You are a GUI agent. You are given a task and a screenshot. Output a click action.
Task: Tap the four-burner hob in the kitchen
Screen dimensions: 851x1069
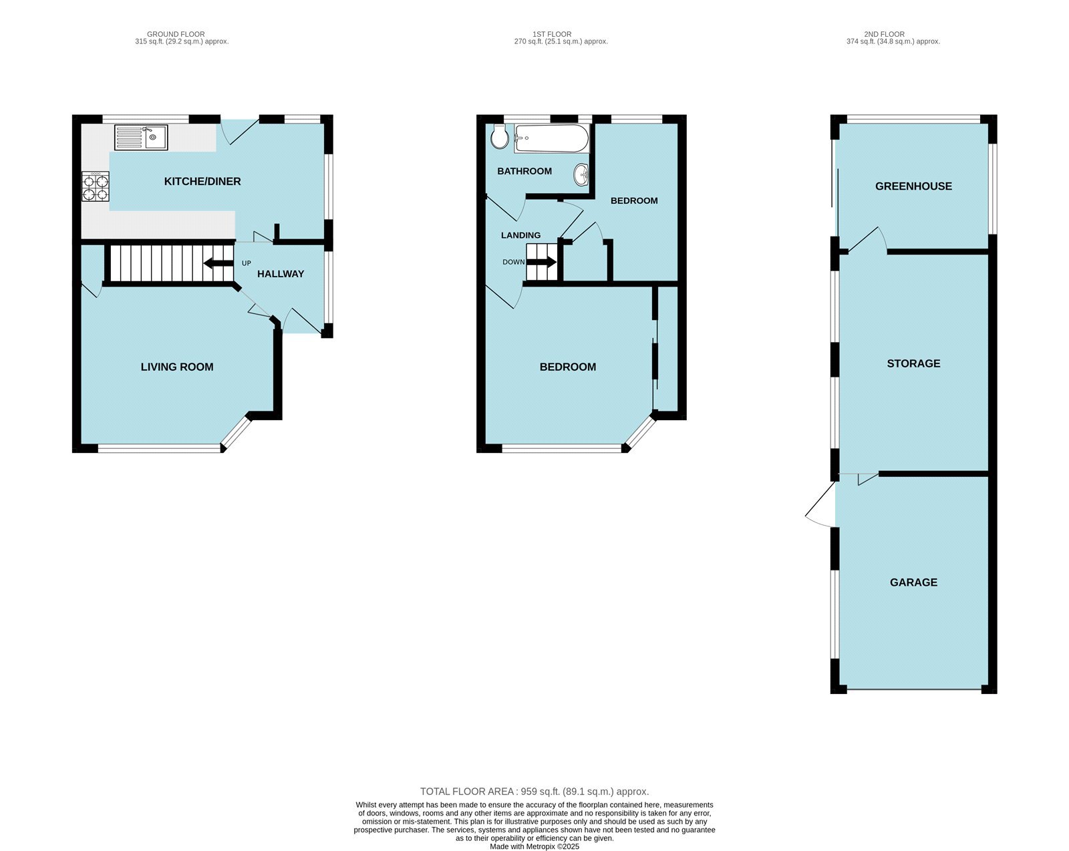coord(95,186)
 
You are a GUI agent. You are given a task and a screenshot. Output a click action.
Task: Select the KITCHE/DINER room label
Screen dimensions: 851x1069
coord(202,182)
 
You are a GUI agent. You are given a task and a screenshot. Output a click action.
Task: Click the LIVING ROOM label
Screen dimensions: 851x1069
coord(177,367)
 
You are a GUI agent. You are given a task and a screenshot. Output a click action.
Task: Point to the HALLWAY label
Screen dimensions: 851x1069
coord(281,274)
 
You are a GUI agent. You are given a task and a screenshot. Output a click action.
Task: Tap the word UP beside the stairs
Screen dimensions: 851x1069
coord(247,263)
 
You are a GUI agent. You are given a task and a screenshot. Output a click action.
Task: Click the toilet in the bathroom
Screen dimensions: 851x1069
coord(499,138)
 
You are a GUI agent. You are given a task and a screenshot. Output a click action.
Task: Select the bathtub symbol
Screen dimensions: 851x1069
coord(551,139)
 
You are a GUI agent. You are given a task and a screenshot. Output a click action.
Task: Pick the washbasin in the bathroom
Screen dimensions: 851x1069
coord(581,176)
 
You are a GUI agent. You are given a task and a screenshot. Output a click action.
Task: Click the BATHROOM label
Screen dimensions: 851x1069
coord(524,171)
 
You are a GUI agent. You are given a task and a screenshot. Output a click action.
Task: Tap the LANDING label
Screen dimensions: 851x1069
coord(520,235)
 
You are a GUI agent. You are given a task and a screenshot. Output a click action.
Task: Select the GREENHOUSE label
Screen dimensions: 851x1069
coord(913,186)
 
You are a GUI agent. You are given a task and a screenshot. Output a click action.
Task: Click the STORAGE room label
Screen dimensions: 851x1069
coord(913,363)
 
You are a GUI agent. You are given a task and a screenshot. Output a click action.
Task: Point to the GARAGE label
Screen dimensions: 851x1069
coord(913,582)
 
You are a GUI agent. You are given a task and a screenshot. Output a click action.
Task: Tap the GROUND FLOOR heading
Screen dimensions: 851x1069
coord(176,34)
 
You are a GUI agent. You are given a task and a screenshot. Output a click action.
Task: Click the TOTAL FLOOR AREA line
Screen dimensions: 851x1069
coord(534,792)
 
